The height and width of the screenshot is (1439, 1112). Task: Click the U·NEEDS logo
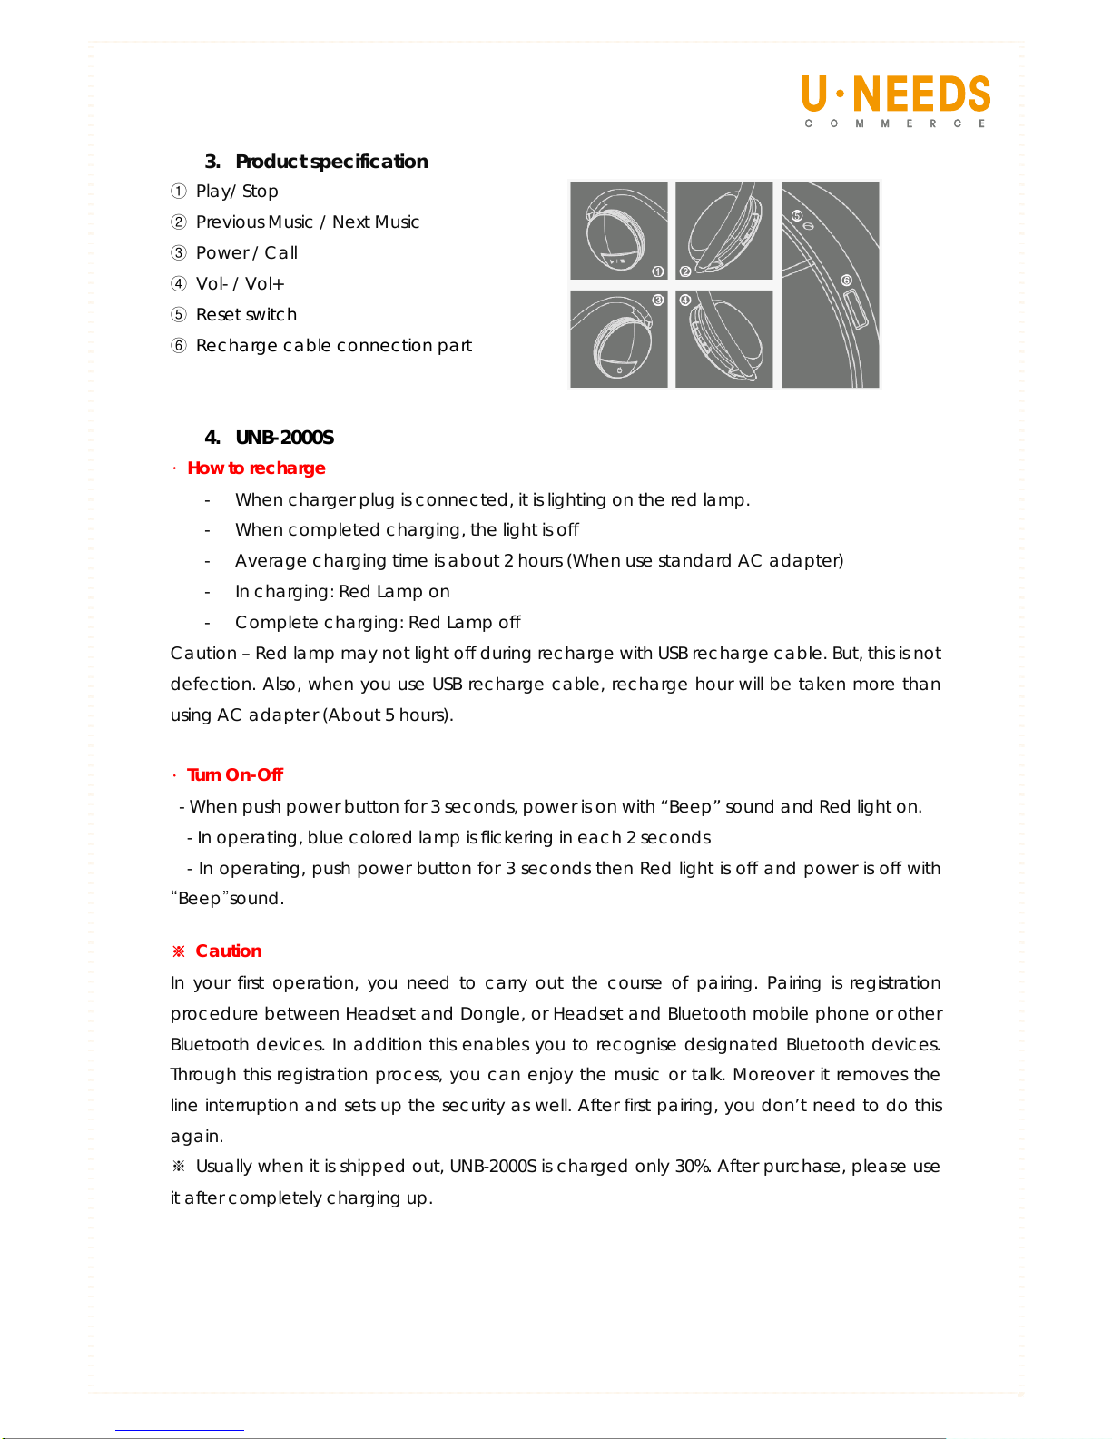point(896,101)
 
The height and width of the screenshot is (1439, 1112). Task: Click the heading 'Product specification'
point(331,162)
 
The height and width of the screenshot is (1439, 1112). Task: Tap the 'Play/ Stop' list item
point(237,192)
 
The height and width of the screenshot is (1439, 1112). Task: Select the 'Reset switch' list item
point(246,315)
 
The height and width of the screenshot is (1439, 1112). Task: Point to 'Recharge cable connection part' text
point(334,346)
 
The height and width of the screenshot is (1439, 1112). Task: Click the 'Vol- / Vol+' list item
point(240,284)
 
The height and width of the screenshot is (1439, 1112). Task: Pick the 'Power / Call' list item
point(246,253)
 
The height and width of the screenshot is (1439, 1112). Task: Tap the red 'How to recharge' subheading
point(256,468)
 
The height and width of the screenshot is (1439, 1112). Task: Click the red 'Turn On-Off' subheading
point(235,774)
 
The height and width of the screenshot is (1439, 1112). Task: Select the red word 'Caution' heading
point(229,951)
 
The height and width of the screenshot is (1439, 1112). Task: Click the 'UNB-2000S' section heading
point(284,438)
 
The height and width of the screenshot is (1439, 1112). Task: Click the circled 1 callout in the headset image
point(658,271)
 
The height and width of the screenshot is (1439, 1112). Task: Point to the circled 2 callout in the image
point(685,271)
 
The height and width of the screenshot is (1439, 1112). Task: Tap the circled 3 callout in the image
point(658,300)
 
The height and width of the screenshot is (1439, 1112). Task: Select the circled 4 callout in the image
point(685,300)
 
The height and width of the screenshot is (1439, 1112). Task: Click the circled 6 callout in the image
point(846,281)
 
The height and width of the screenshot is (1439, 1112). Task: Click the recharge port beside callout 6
point(854,310)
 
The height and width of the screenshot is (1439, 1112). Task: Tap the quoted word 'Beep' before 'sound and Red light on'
point(686,807)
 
